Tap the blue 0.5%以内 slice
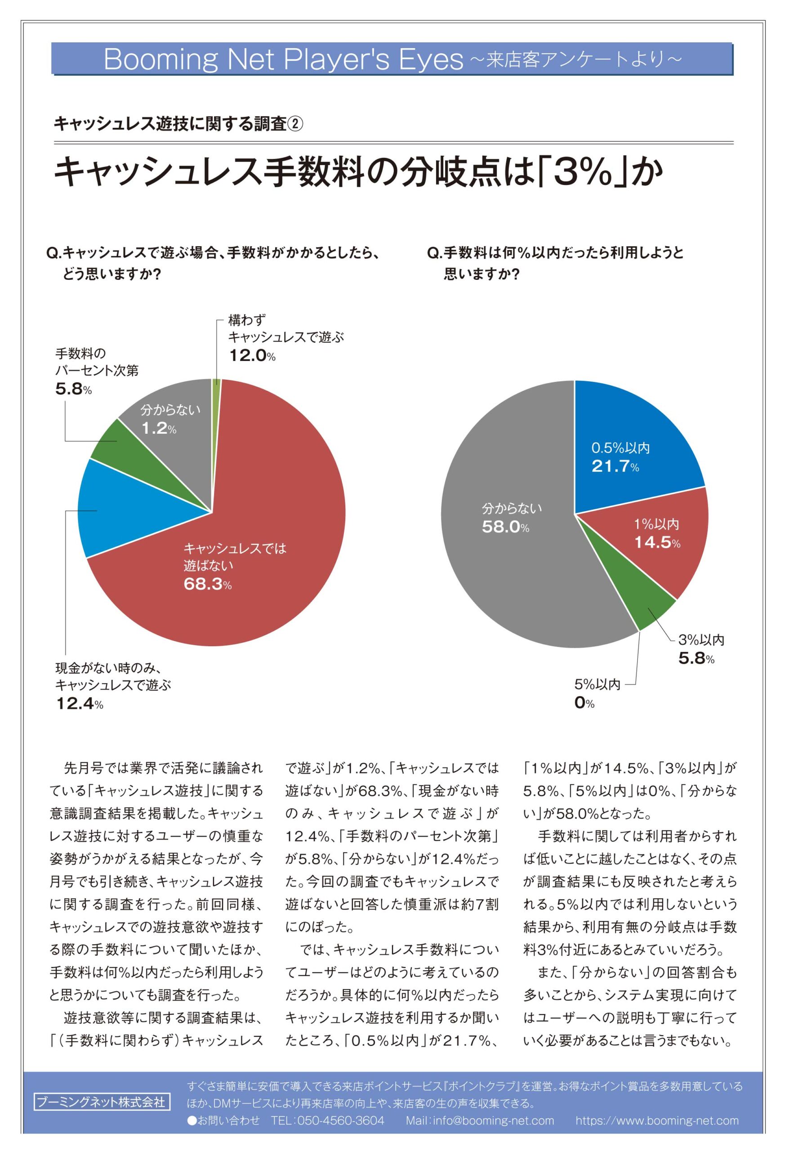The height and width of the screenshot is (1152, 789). (639, 436)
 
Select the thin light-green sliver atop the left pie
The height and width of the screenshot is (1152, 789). (216, 382)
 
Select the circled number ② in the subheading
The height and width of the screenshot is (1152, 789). (295, 123)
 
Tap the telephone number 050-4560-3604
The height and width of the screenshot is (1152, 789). (341, 1120)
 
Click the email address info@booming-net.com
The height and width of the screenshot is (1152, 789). (493, 1120)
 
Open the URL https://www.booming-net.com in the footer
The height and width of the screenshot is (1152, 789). (657, 1120)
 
